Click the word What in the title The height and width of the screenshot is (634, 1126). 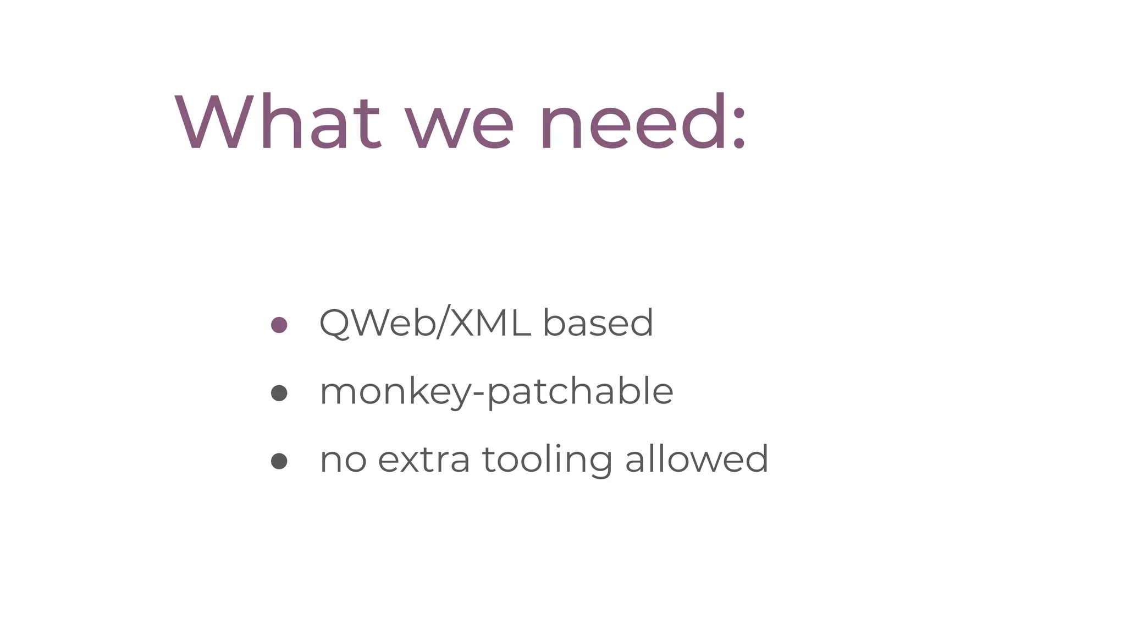278,122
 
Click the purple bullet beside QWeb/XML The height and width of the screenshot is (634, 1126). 279,325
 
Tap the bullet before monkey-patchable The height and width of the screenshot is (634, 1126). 279,393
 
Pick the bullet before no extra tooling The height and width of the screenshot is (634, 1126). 279,461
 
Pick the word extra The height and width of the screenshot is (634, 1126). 424,460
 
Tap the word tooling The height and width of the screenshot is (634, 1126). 547,460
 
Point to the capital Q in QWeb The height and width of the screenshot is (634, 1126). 335,324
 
